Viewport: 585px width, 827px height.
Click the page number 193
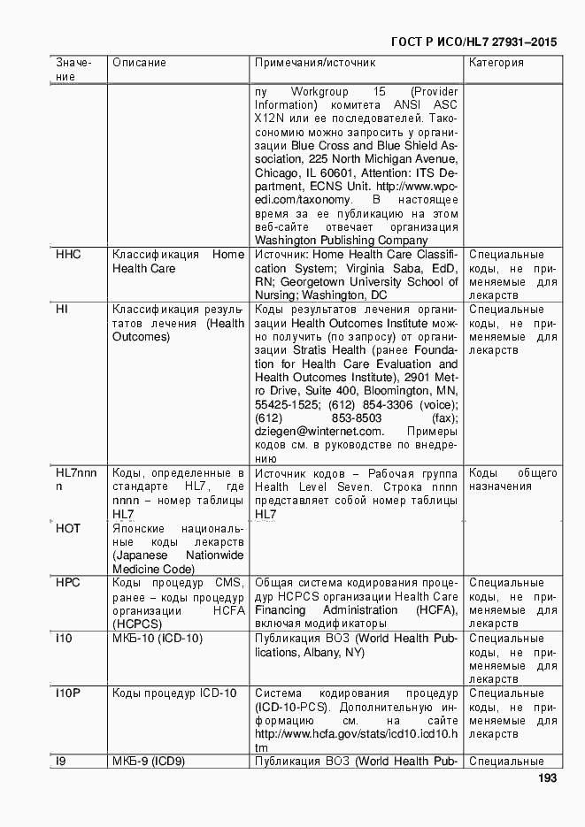coord(546,779)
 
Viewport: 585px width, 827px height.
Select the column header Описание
coord(139,63)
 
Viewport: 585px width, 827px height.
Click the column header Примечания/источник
coord(315,63)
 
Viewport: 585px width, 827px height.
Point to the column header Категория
coord(496,63)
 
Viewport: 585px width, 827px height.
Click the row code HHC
coord(68,255)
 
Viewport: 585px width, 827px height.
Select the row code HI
coord(62,310)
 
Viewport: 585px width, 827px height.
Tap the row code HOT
coord(68,528)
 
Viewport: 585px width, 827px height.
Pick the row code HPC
coord(68,583)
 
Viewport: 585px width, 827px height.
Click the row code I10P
coord(69,693)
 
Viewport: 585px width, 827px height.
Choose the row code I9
coord(60,762)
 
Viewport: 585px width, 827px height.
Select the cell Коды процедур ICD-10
coord(174,693)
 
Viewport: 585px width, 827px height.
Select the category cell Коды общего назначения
coord(512,479)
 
